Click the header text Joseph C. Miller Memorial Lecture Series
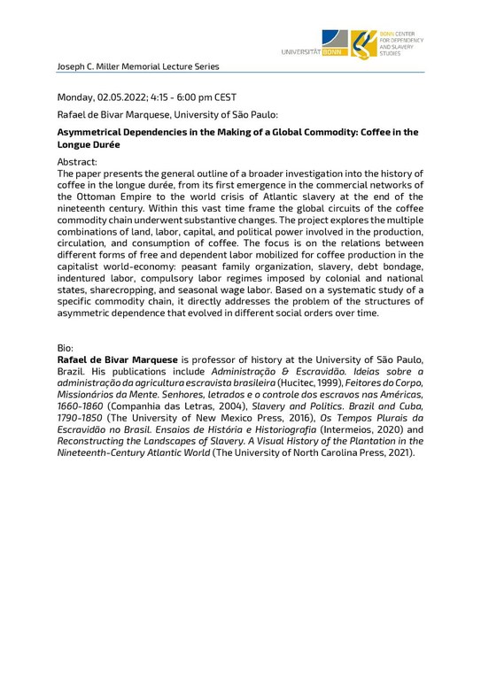(138, 66)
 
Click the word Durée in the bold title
(105, 143)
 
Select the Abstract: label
(77, 162)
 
